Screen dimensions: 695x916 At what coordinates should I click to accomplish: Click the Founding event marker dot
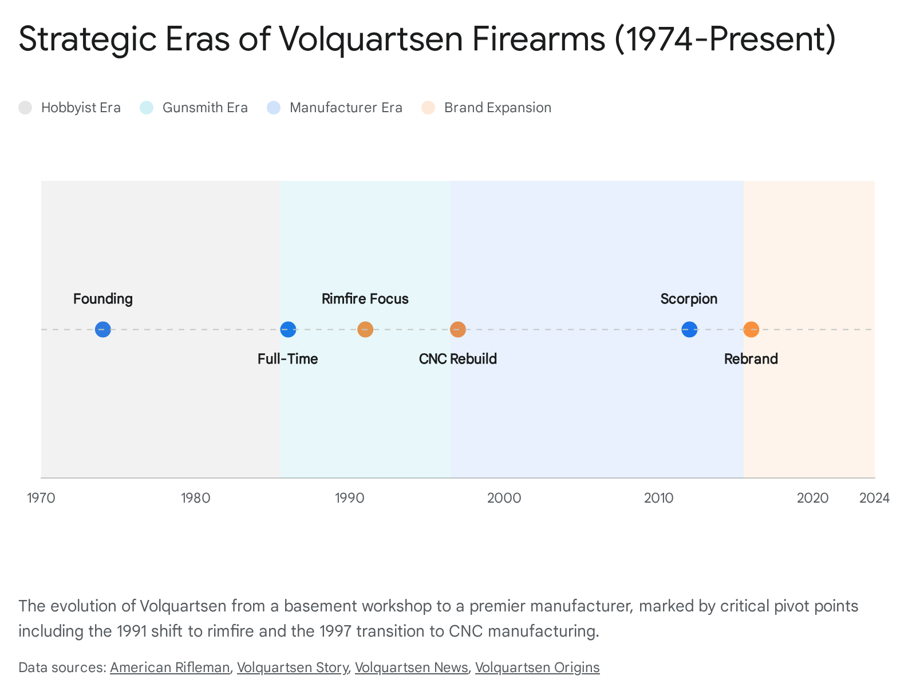(x=102, y=330)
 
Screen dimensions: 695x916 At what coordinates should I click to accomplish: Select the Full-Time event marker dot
(x=288, y=330)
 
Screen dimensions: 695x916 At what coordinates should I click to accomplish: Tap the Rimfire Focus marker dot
(x=365, y=330)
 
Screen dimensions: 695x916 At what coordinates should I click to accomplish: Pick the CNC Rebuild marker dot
(x=458, y=330)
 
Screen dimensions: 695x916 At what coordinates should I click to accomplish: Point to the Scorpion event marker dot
(x=689, y=330)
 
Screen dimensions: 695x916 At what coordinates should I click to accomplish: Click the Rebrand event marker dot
(x=751, y=330)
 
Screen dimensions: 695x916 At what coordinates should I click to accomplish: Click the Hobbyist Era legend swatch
(x=25, y=108)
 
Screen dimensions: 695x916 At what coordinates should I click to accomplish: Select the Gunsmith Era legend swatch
(x=147, y=108)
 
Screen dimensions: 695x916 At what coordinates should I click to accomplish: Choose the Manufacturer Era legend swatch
(x=274, y=108)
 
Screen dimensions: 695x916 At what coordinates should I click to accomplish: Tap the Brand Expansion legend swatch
(x=428, y=108)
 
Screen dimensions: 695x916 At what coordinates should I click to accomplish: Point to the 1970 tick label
(x=41, y=498)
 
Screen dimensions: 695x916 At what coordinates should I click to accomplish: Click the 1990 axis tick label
(x=350, y=498)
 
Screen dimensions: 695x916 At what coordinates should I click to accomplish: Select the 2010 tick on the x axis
(x=658, y=498)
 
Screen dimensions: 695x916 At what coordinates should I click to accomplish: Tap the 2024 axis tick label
(x=874, y=498)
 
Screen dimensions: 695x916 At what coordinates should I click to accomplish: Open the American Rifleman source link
(x=169, y=668)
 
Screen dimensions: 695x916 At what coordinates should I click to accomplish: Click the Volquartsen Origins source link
(x=537, y=668)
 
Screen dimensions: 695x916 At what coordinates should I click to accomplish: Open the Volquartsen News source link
(x=411, y=668)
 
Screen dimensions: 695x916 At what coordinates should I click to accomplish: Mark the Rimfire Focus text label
(x=365, y=299)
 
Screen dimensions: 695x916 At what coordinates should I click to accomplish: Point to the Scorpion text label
(x=689, y=299)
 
